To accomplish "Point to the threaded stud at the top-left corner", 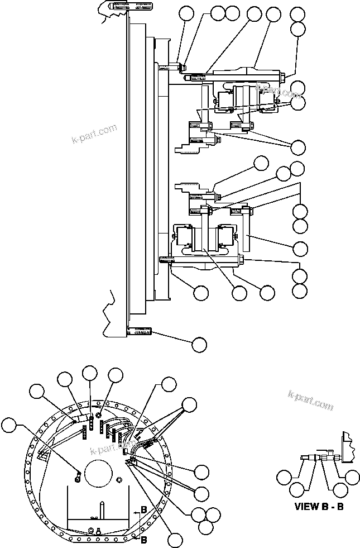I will pyautogui.click(x=126, y=7).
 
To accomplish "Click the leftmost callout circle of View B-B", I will pyautogui.click(x=285, y=478).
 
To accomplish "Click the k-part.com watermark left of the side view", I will pyautogui.click(x=94, y=134).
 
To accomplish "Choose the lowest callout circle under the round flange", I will pyautogui.click(x=175, y=540).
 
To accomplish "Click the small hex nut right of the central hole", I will pyautogui.click(x=119, y=479).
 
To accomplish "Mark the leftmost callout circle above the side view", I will pyautogui.click(x=188, y=16).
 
